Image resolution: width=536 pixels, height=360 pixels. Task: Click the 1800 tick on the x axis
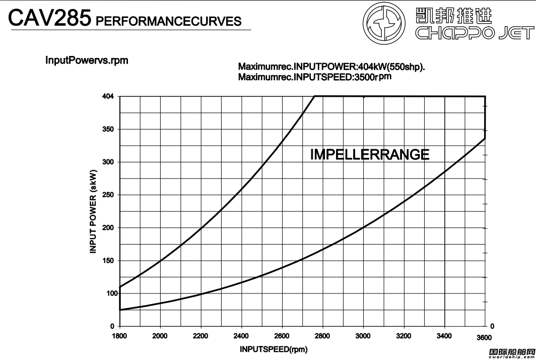point(119,336)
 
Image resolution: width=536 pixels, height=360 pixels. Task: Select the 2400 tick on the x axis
point(241,336)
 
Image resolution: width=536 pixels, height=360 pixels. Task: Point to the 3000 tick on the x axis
point(363,336)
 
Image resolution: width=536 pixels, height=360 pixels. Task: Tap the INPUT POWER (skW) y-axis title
point(94,211)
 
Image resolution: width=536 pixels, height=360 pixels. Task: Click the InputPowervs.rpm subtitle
point(87,61)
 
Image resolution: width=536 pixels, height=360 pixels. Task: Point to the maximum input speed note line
point(314,77)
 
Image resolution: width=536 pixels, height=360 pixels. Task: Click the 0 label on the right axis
point(493,326)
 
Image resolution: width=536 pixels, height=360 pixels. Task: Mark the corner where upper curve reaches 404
point(314,96)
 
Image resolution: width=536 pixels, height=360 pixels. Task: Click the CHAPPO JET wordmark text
point(474,34)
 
